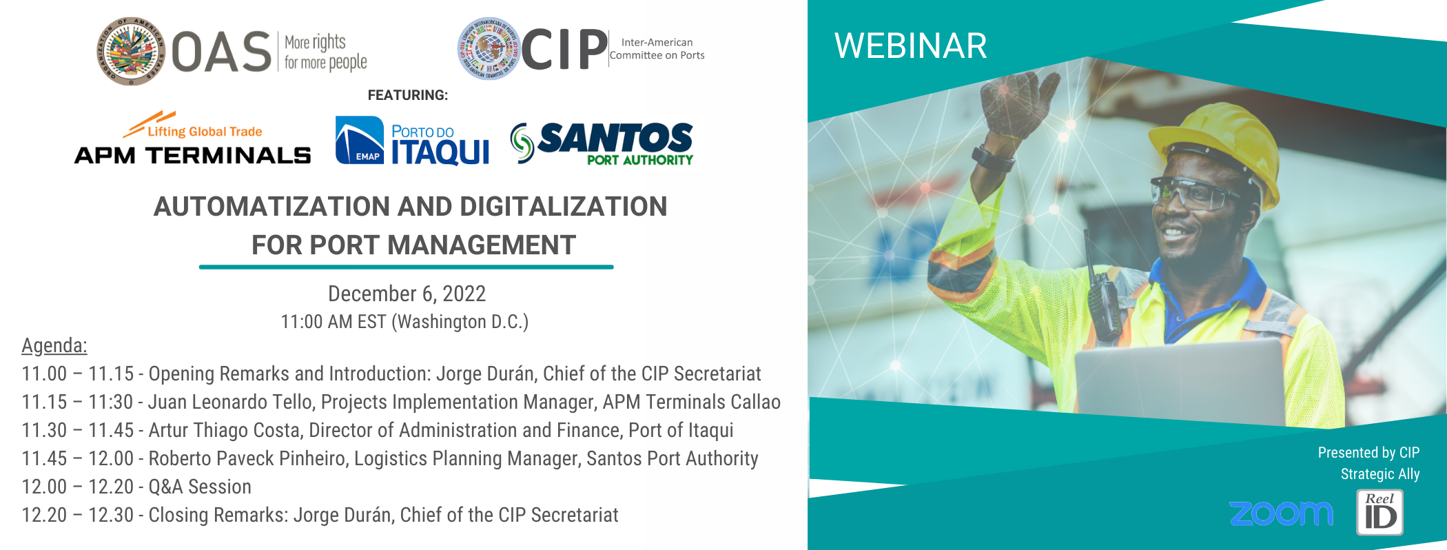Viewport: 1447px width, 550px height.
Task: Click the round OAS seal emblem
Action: pos(131,51)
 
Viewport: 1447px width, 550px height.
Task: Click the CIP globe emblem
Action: pos(489,48)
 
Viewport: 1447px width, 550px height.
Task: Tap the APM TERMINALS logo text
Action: pos(192,155)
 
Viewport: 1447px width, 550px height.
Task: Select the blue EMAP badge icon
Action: pos(360,140)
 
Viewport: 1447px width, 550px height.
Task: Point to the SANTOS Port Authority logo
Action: pos(602,143)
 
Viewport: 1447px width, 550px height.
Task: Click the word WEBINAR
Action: pos(910,46)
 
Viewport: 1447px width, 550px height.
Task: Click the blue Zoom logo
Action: pos(1281,513)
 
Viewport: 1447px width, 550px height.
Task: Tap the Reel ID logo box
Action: pos(1379,512)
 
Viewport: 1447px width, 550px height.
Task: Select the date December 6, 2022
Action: pos(407,294)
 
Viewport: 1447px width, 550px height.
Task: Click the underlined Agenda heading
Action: pos(54,345)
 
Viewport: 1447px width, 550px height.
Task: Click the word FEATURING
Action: pos(408,95)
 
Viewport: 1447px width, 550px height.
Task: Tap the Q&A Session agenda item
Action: pos(200,487)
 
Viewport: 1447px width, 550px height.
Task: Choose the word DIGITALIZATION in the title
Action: pos(563,206)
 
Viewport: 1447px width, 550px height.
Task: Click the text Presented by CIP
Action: pos(1368,453)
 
